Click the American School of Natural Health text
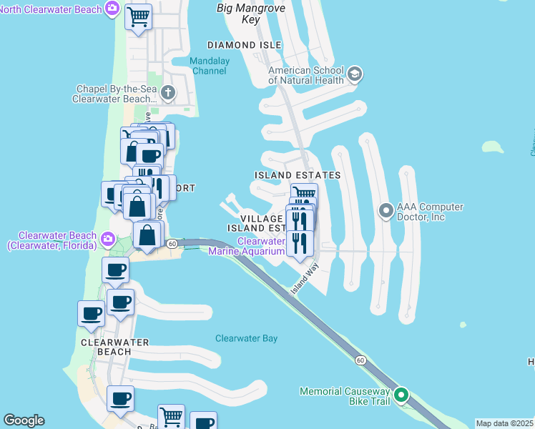coord(306,75)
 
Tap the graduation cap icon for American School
coord(354,74)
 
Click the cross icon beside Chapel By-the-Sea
coord(167,92)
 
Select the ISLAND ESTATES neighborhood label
coord(298,175)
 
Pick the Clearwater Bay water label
coord(246,338)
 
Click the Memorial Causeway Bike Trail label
coord(345,397)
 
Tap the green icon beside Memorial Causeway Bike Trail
coord(401,395)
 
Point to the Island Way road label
coord(305,280)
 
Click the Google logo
coord(24,420)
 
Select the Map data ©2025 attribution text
coord(504,423)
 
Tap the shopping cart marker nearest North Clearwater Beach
coord(138,16)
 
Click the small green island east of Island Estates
coord(491,147)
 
